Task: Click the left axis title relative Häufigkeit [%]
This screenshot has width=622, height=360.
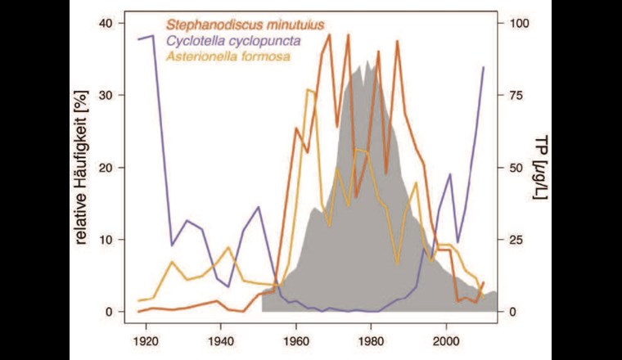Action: [x=83, y=168]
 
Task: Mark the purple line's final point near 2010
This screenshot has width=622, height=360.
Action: [x=484, y=67]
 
